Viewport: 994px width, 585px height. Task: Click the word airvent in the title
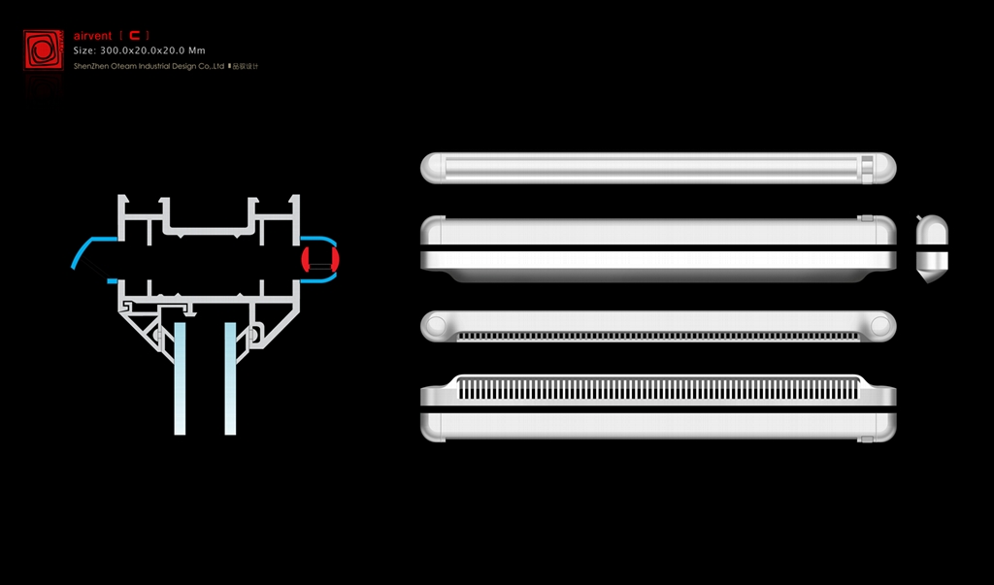93,36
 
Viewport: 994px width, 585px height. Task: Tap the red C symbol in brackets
135,36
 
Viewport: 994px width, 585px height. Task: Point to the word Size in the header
83,50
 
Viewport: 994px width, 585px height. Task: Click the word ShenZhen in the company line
90,66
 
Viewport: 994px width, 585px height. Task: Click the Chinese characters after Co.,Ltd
245,66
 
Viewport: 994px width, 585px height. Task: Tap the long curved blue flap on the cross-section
88,250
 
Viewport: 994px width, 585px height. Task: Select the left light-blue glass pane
181,378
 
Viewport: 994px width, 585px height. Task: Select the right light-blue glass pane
231,378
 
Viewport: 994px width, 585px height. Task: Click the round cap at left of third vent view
435,325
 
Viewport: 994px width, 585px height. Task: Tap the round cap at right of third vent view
881,325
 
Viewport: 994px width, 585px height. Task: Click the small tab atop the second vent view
867,218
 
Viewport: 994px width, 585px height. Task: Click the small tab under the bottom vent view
867,439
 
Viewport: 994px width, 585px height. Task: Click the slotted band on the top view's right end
865,168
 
